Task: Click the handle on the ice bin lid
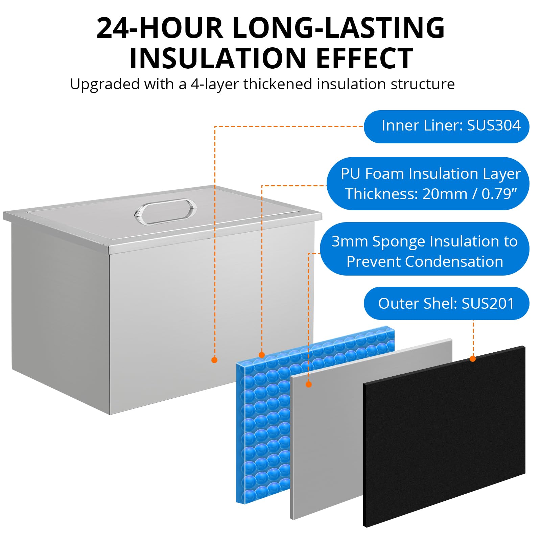pyautogui.click(x=165, y=211)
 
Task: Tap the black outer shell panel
pyautogui.click(x=444, y=436)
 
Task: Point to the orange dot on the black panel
pyautogui.click(x=473, y=359)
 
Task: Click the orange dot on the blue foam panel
pyautogui.click(x=261, y=355)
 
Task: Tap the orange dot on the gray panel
pyautogui.click(x=308, y=384)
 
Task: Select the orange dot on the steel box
pyautogui.click(x=214, y=360)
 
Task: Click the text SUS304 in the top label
pyautogui.click(x=494, y=125)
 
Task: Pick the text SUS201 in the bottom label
pyautogui.click(x=488, y=303)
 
